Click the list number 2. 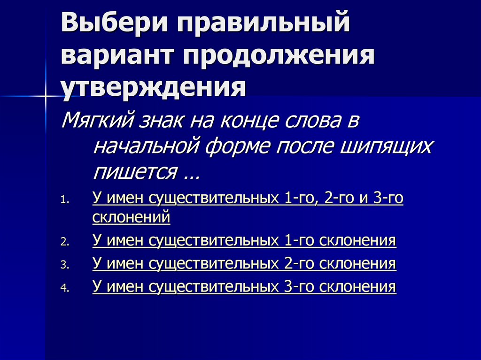coord(64,243)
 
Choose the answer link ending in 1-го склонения coord(244,241)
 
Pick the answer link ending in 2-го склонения coord(244,264)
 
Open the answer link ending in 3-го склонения coord(244,286)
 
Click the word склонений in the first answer coord(131,218)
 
